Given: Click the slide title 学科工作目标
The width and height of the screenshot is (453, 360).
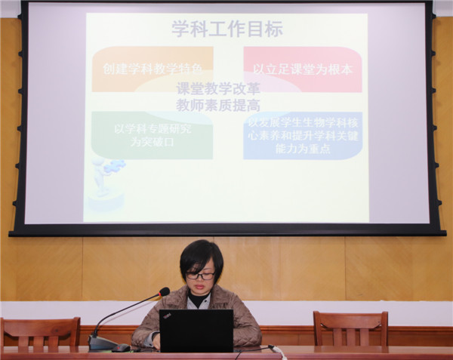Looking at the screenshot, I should tap(227, 29).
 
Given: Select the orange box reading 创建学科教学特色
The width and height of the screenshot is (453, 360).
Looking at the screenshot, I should tap(153, 69).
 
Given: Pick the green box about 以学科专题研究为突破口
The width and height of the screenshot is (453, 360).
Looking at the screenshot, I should tap(152, 134).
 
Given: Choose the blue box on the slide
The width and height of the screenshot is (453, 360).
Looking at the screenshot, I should tap(302, 135).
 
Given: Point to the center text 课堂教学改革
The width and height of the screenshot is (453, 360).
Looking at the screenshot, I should tap(218, 88).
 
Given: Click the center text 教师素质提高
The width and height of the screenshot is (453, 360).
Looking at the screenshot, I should tap(218, 105).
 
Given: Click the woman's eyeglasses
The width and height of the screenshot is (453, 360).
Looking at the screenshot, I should tap(201, 275).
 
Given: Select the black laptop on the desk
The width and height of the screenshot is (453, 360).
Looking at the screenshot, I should tap(196, 331).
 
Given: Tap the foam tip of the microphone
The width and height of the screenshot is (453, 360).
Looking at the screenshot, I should tap(164, 291).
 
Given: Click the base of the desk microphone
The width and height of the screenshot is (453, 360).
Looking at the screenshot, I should tap(102, 343).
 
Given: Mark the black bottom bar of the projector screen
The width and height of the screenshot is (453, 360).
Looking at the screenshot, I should tap(226, 230).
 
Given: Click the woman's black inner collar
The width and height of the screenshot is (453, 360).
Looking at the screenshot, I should tap(199, 300).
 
